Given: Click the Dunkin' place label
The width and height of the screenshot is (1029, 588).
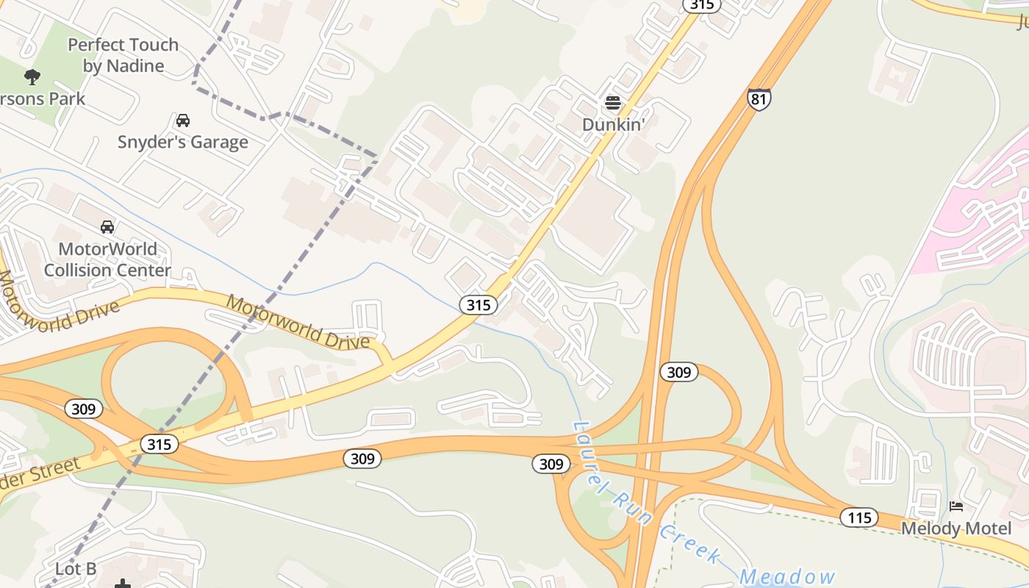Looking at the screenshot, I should [613, 124].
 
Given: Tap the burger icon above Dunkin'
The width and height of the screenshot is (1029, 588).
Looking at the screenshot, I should [613, 103].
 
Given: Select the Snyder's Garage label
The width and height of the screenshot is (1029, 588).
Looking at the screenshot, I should [183, 142].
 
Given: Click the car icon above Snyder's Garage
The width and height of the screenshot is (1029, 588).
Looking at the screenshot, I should [183, 120].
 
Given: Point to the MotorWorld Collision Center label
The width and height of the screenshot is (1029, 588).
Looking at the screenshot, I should [107, 259].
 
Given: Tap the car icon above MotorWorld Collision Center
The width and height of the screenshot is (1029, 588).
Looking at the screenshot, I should [107, 227].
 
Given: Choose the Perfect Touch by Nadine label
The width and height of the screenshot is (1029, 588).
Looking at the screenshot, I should [123, 55].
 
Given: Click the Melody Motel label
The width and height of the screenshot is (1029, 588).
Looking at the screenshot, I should [956, 528].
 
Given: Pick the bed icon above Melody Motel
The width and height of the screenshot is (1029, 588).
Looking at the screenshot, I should [956, 506].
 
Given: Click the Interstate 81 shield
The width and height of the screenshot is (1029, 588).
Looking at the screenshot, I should [759, 99].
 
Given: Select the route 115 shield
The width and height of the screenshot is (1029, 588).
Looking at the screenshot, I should [858, 517].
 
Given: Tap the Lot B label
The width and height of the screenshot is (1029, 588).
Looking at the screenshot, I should [76, 569].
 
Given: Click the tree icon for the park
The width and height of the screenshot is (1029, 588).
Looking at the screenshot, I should [32, 76].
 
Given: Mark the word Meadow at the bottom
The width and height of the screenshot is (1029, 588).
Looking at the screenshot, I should [788, 577].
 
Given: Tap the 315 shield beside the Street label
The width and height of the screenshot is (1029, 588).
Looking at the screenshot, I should [159, 444].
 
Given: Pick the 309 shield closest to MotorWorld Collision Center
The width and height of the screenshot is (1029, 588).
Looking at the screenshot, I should [83, 409].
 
